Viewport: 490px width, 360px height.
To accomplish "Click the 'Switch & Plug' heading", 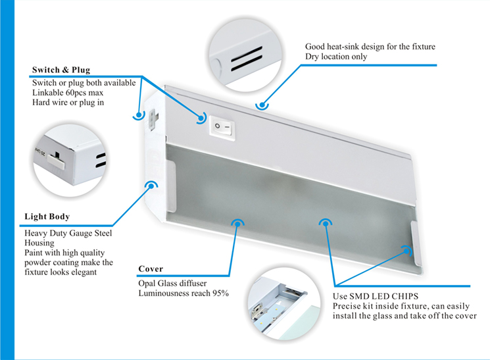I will pyautogui.click(x=61, y=70).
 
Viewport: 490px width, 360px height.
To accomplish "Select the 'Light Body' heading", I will pyautogui.click(x=47, y=217).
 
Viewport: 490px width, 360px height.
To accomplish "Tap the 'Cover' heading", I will pyautogui.click(x=151, y=269).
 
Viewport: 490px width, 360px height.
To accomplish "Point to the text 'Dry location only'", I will pyautogui.click(x=336, y=57).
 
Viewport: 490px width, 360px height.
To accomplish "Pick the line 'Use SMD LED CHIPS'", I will pyautogui.click(x=376, y=296).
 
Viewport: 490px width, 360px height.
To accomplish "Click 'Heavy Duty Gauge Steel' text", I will pyautogui.click(x=68, y=233).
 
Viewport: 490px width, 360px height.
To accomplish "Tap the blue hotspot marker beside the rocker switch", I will pyautogui.click(x=201, y=118).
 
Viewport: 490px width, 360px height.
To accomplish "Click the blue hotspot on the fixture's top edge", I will pyautogui.click(x=263, y=104).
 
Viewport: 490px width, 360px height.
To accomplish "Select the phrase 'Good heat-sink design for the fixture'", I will pyautogui.click(x=370, y=47).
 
